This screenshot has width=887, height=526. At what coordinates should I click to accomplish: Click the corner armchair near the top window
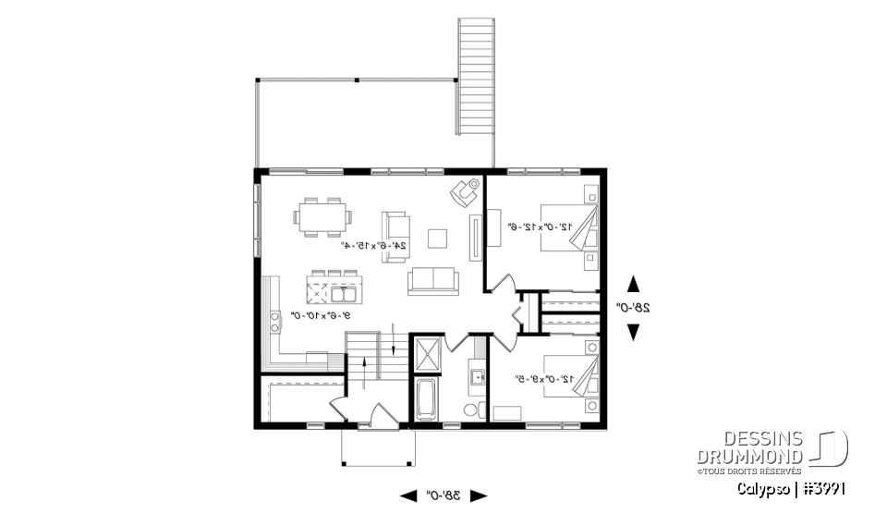click(464, 192)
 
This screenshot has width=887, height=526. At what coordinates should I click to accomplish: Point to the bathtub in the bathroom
click(426, 399)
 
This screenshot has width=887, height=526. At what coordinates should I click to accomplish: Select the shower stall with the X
click(428, 354)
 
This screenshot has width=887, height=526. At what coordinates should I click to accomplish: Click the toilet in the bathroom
click(471, 410)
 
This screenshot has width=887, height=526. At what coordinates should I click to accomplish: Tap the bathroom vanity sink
click(477, 376)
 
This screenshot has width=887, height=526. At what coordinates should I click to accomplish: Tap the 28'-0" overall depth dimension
click(633, 307)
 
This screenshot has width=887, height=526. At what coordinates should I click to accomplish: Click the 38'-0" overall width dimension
click(443, 495)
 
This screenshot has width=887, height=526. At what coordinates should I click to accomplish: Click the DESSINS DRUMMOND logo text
click(750, 448)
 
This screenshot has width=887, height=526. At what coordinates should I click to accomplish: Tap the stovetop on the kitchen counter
click(275, 322)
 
